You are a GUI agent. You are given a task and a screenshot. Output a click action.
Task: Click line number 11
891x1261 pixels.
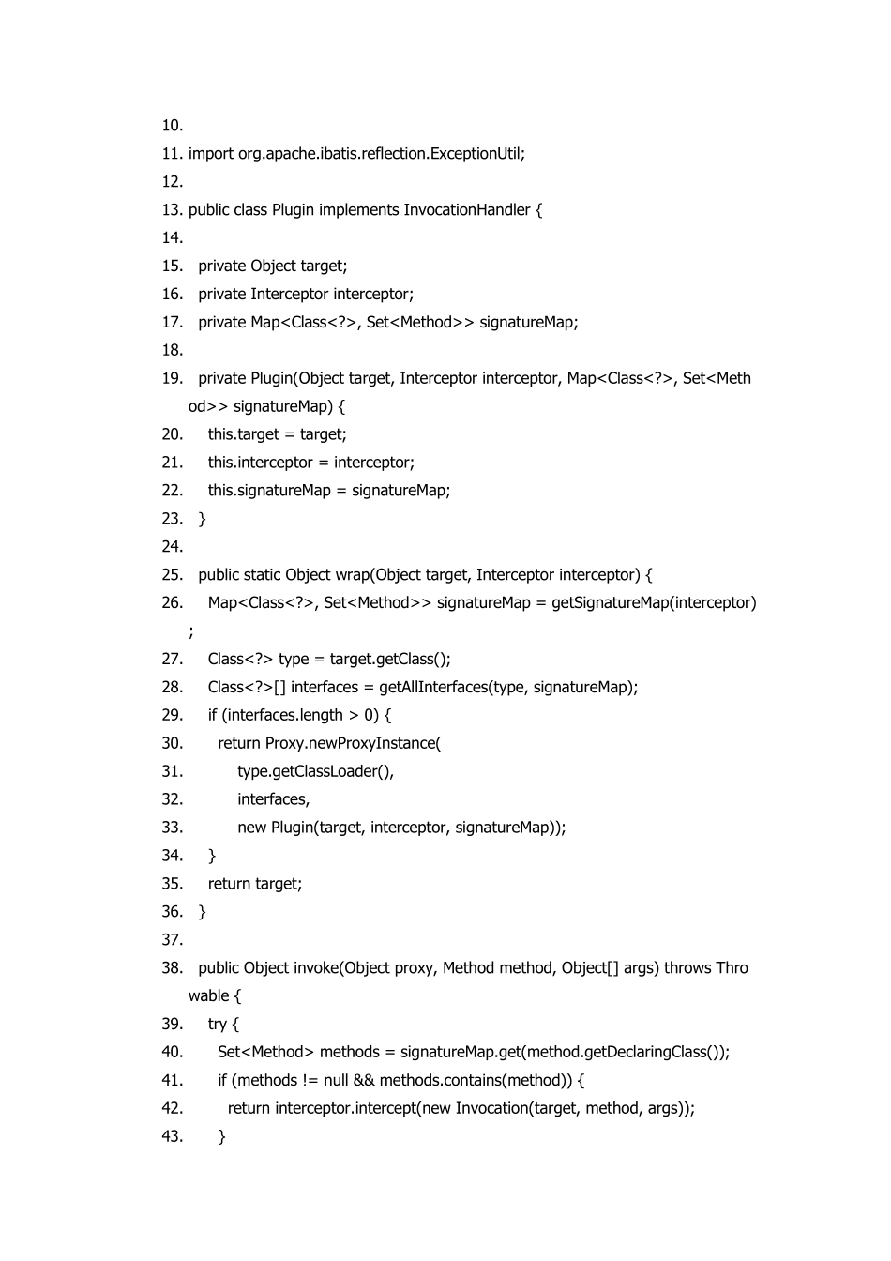coord(172,154)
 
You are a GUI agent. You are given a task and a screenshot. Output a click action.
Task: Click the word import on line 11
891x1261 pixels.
coord(210,154)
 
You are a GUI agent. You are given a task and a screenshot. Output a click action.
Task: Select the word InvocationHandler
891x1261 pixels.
coord(467,210)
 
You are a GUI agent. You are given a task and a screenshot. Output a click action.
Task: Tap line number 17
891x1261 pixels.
coord(172,323)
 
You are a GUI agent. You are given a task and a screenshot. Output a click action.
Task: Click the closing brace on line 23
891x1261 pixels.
coord(203,519)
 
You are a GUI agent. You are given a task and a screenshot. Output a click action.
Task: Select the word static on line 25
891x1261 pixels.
coord(262,575)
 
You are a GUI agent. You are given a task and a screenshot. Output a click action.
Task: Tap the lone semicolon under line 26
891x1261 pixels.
coord(191,631)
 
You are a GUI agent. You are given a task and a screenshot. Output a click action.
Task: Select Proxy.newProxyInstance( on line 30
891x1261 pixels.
coord(353,744)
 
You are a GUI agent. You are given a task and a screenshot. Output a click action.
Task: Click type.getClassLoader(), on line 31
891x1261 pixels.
coord(315,772)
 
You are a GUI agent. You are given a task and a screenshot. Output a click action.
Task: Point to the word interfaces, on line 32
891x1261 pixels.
coord(273,799)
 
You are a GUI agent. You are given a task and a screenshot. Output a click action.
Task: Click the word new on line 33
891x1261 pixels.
coord(251,828)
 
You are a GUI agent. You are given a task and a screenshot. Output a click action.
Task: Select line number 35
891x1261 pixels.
coord(172,884)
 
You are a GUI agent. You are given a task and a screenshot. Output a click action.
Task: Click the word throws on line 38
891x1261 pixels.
coord(687,968)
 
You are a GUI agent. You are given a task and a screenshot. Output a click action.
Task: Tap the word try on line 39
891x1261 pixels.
coord(218,1025)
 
